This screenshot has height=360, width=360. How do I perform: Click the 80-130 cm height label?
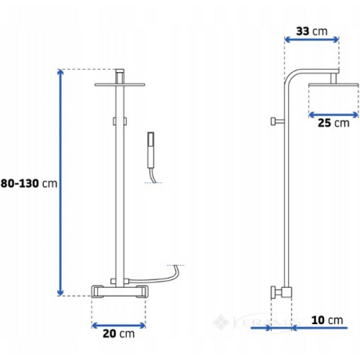click(29, 183)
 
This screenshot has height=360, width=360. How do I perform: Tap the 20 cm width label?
click(119, 333)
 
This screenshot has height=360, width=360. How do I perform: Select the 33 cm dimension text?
click(311, 31)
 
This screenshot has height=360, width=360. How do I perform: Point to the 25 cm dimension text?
click(333, 123)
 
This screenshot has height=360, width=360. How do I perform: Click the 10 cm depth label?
click(327, 320)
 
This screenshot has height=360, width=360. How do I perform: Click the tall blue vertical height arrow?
click(60, 182)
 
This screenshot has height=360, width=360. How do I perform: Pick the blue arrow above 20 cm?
click(119, 326)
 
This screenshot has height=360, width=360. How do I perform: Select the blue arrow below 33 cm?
click(311, 40)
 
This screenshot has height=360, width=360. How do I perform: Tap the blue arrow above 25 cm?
click(333, 115)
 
